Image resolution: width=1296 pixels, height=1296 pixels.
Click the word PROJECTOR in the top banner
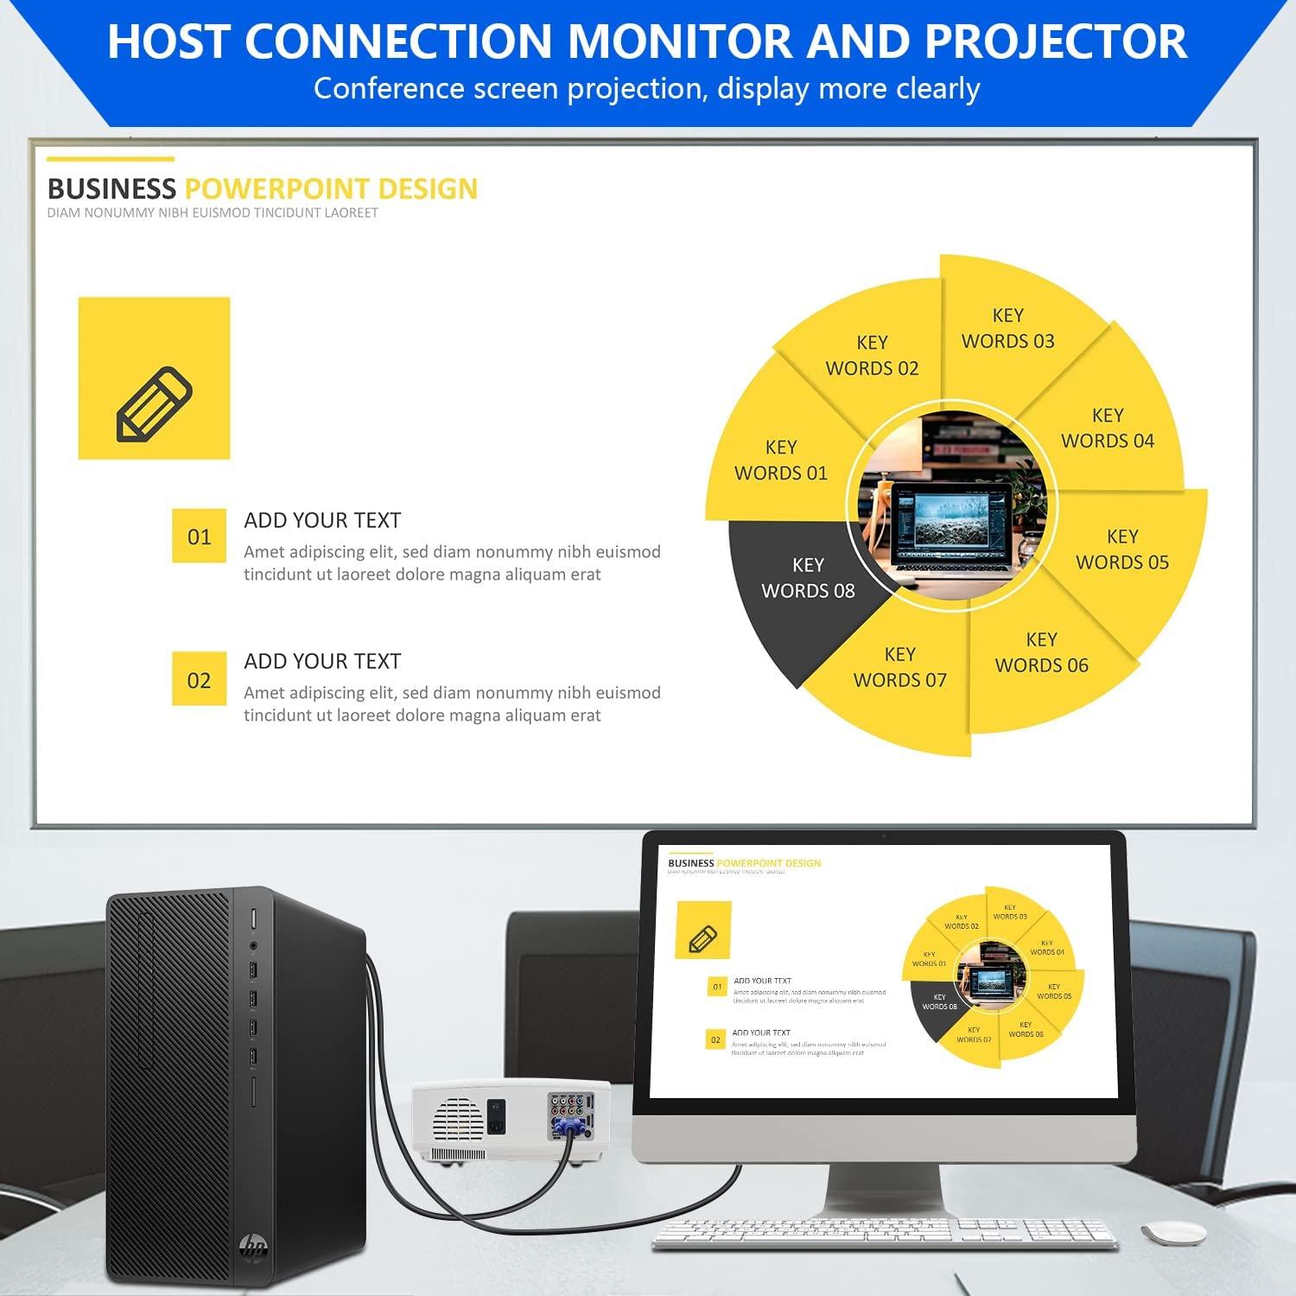(x=1056, y=41)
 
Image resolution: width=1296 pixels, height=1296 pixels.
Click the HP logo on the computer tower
(x=254, y=1245)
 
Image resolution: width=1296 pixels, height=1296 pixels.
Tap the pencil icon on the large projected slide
(x=154, y=403)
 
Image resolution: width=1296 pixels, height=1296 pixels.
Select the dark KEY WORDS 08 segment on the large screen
(x=808, y=578)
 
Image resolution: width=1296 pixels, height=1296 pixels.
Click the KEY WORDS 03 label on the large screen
(x=1007, y=328)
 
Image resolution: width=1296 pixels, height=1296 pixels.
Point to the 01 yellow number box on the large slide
(x=199, y=537)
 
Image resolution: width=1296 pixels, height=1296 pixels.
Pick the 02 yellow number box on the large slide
(x=199, y=680)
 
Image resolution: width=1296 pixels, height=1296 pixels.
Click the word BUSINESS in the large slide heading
(x=111, y=188)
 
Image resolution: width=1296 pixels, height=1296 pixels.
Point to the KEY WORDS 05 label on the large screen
(x=1121, y=550)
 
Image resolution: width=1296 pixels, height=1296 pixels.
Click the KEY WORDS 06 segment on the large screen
(x=1041, y=652)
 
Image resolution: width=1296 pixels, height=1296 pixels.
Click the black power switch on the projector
(x=496, y=1115)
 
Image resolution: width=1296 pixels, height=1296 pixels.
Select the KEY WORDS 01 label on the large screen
(x=780, y=461)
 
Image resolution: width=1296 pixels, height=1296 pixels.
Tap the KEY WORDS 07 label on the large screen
(x=899, y=667)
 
